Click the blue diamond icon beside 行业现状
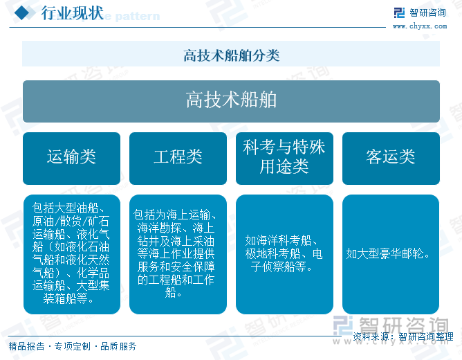pos(22,13)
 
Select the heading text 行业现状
pos(72,13)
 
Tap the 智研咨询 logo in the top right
pos(420,13)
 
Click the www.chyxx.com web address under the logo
pos(420,26)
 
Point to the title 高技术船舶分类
pos(231,55)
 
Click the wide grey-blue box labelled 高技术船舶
pos(231,101)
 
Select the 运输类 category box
pos(72,159)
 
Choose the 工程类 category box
pos(178,159)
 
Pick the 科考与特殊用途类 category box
pos(285,159)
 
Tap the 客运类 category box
pos(391,159)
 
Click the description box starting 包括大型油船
pos(72,254)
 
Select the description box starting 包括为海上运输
pos(178,254)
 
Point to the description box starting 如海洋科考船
pos(285,254)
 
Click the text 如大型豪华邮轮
pos(388,253)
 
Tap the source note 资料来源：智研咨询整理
pos(403,336)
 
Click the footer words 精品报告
pos(26,346)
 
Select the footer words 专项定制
pos(73,346)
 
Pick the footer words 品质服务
pos(118,346)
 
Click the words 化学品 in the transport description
pos(93,273)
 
